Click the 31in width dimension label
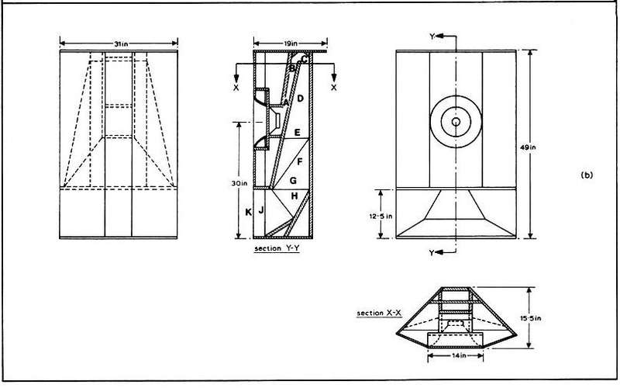(120, 44)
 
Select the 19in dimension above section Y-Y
(290, 43)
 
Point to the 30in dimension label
(239, 183)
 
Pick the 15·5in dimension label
(531, 318)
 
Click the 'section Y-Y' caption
(277, 248)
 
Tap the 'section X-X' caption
(379, 314)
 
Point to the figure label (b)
(587, 175)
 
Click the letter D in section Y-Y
(300, 99)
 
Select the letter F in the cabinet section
(299, 161)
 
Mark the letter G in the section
(293, 181)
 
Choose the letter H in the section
(294, 196)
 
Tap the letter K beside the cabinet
(248, 212)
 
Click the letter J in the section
(261, 210)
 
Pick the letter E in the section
(298, 133)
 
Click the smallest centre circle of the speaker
(456, 122)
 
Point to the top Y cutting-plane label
(432, 36)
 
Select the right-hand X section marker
(334, 88)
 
